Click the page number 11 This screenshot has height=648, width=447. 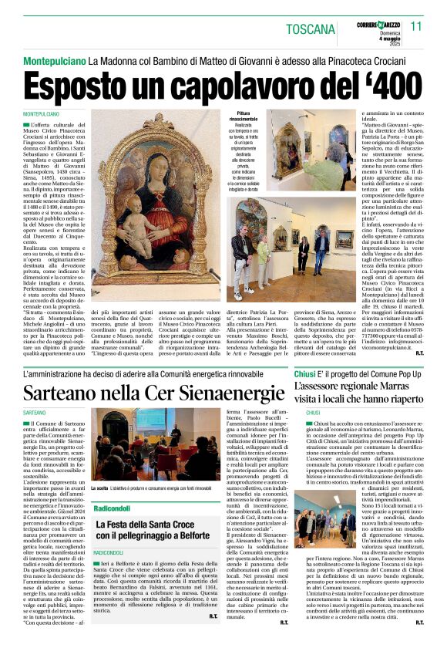click(x=416, y=25)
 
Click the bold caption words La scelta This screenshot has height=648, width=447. click(x=100, y=489)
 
